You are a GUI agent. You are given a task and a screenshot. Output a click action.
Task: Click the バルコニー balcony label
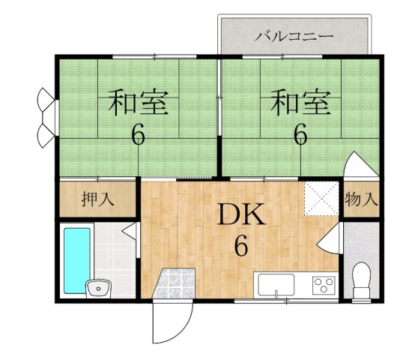[x=294, y=37]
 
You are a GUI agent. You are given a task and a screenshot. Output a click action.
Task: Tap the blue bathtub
[x=77, y=260]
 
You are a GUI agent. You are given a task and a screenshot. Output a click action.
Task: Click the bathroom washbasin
[x=98, y=289]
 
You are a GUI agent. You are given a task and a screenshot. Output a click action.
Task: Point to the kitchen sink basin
[x=276, y=284]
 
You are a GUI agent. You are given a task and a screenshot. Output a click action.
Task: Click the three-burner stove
[x=324, y=285]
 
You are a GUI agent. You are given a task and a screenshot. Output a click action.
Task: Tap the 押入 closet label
[x=97, y=199]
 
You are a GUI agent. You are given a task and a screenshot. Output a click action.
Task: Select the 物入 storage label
[x=361, y=199]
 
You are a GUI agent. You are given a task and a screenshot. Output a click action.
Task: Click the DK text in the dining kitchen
[x=240, y=214]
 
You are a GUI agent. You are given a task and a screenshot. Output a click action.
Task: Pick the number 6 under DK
[x=241, y=245]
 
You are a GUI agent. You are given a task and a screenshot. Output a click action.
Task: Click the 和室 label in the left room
[x=139, y=103]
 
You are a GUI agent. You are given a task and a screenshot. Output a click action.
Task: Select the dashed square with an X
[x=321, y=199]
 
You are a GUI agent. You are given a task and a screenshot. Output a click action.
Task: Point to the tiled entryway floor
[x=175, y=283]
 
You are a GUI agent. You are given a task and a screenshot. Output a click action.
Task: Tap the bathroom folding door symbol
[x=130, y=231]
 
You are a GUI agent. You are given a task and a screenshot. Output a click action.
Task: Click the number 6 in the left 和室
[x=139, y=135]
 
